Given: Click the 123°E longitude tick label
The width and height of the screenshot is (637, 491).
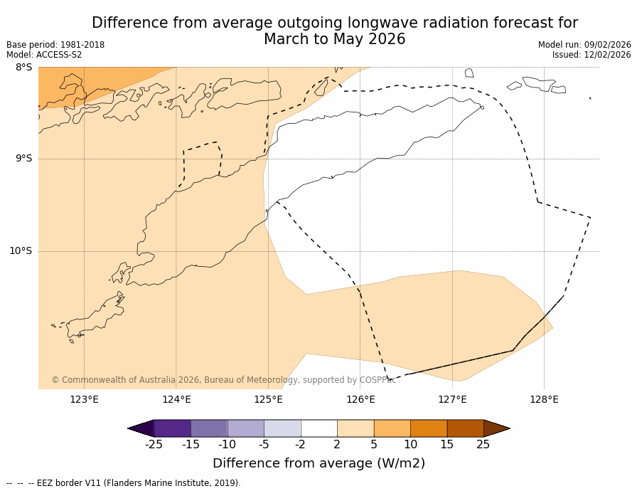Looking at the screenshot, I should click(x=84, y=399).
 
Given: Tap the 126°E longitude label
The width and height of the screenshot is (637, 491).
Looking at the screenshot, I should click(x=360, y=399).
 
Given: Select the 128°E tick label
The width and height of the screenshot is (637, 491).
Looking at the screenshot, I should click(x=544, y=399).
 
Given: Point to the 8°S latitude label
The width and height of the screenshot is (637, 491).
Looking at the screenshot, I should click(x=24, y=68).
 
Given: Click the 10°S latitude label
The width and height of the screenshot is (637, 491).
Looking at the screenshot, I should click(x=21, y=251).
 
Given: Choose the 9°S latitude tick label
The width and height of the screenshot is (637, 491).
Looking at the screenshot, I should click(x=24, y=159).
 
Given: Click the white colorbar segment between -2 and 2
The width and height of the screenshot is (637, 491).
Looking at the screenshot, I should click(x=318, y=428).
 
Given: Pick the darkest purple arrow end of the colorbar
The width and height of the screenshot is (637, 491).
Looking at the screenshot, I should click(x=141, y=428).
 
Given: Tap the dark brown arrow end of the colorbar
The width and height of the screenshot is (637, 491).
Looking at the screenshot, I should click(x=496, y=428).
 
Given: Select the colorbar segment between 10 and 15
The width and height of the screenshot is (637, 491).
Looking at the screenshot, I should click(x=429, y=428).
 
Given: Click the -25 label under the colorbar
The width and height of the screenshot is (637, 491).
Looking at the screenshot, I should click(x=154, y=445).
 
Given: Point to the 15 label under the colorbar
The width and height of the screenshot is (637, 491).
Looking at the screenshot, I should click(x=446, y=445).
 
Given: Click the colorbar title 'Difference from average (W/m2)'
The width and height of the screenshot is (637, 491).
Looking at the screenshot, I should click(x=318, y=463).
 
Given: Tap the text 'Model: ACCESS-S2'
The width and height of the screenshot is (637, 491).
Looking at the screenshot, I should click(x=44, y=55).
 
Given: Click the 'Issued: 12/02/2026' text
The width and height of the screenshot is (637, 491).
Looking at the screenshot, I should click(x=591, y=55).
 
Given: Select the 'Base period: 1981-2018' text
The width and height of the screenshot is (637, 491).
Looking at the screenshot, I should click(x=55, y=45).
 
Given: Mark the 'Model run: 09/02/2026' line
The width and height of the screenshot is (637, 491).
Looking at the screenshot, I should click(x=584, y=45).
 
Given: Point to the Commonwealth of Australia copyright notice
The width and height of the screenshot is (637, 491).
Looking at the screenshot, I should click(x=223, y=380).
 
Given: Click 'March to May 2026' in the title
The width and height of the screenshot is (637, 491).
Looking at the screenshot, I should click(x=334, y=40).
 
